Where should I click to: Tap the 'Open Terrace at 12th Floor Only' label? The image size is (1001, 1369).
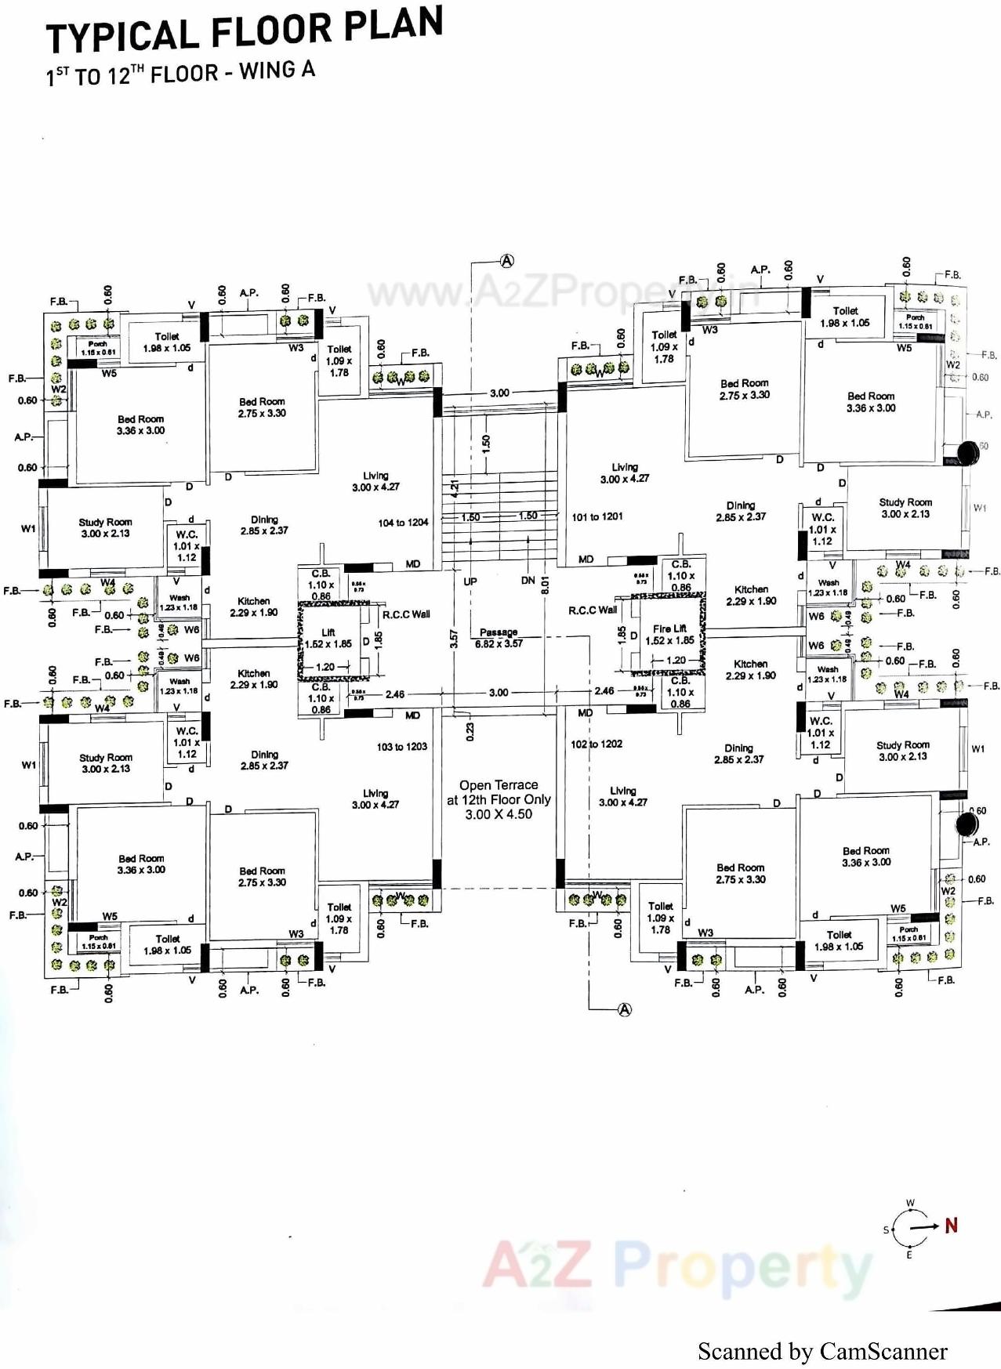coord(499,799)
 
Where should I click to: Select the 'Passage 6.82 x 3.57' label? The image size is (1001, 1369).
coord(499,638)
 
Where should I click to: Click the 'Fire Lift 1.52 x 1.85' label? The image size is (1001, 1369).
coord(669,635)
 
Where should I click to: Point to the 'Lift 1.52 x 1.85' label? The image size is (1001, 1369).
coord(328,638)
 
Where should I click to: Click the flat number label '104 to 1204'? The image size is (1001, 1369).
coord(403,523)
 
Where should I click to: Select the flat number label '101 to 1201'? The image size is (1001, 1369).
coord(597,517)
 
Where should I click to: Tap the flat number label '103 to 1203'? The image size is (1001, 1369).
coord(401,747)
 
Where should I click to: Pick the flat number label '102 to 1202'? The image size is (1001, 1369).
coord(597,744)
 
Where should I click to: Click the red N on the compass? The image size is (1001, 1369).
coord(951,1226)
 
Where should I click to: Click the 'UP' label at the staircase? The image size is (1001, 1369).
coord(470,581)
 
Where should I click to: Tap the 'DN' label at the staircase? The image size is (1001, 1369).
coord(528,581)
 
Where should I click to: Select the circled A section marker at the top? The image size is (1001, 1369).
coord(507,261)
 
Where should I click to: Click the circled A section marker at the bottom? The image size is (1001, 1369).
coord(625,1009)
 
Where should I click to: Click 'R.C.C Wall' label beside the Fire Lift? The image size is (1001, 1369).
coord(593,610)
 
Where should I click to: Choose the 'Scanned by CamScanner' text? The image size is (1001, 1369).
coord(822,1351)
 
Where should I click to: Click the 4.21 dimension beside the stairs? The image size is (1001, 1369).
coord(455,487)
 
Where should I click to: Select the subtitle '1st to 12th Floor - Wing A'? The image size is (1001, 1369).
coord(180,74)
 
